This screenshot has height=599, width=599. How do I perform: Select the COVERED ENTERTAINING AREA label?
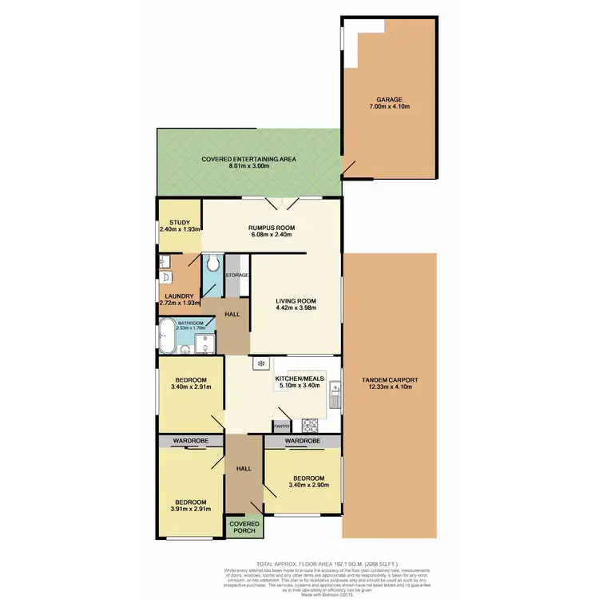pyautogui.click(x=248, y=159)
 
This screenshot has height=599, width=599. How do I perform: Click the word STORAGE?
pyautogui.click(x=237, y=276)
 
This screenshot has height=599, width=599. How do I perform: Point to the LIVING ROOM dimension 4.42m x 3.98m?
pyautogui.click(x=296, y=308)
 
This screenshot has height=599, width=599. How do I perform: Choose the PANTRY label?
pyautogui.click(x=282, y=426)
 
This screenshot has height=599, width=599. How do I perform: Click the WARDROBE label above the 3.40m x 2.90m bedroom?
pyautogui.click(x=303, y=441)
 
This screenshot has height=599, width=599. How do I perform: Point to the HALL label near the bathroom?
pyautogui.click(x=232, y=315)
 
